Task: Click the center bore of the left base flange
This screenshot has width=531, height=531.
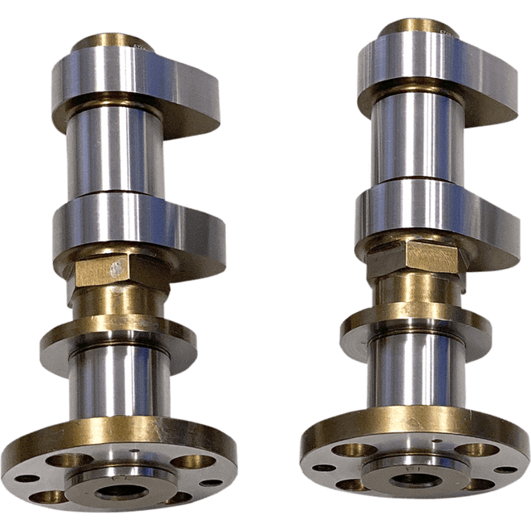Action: pyautogui.click(x=121, y=491)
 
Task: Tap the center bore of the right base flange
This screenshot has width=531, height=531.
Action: pyautogui.click(x=408, y=479)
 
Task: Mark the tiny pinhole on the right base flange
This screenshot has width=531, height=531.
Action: pyautogui.click(x=433, y=441)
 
